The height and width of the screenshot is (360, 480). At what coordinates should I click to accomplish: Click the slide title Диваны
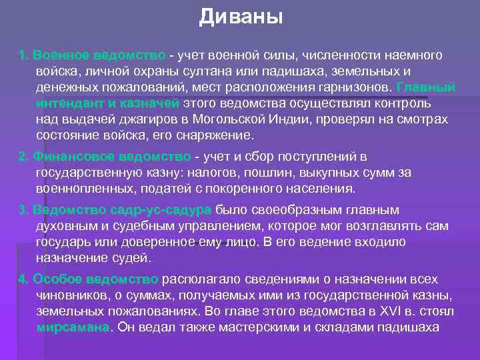point(241,16)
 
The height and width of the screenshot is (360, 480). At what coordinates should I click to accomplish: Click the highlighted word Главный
point(425,87)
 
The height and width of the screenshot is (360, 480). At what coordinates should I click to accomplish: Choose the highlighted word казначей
point(150,103)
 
